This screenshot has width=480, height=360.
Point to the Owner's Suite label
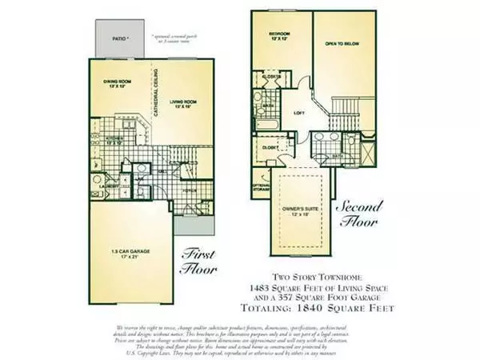click(302, 211)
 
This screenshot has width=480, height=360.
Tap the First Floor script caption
click(200, 260)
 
